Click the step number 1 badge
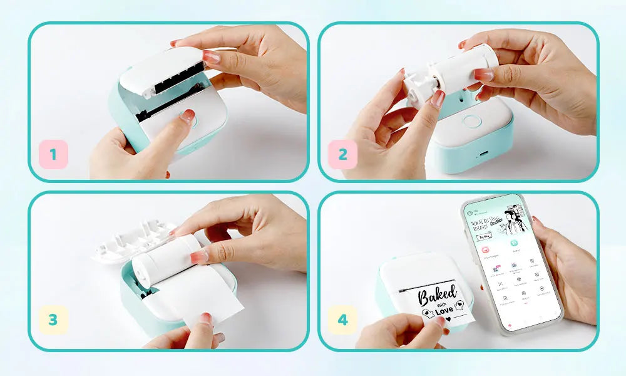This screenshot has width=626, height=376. [x=53, y=154]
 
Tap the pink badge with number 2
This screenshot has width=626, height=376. [x=342, y=154]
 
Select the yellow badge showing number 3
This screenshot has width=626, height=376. [x=53, y=320]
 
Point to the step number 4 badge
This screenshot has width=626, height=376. [x=342, y=320]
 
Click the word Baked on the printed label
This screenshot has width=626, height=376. [x=437, y=295]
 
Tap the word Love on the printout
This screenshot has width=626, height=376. [x=444, y=310]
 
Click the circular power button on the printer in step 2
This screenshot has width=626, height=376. [x=471, y=122]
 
